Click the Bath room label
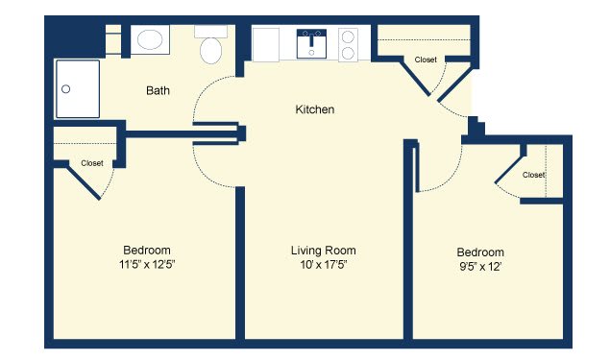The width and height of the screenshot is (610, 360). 158,90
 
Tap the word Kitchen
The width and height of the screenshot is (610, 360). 315,109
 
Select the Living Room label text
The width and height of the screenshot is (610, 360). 324,251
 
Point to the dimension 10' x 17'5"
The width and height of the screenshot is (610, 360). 324,265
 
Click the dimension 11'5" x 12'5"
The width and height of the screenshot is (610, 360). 147,264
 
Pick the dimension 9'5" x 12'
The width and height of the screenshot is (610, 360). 480,267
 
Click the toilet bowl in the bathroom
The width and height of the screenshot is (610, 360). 210,51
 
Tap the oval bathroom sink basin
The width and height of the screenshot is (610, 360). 150,39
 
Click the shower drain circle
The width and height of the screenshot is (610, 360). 65,89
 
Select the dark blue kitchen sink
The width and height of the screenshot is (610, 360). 311,44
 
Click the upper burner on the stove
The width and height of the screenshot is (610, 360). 348,37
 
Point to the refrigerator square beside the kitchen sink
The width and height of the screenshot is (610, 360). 266,45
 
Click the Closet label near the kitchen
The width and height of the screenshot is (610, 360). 426,60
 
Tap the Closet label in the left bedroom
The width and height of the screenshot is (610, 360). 92,163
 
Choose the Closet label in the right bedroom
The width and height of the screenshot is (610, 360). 533,175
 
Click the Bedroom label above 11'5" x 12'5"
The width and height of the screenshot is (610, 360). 147,250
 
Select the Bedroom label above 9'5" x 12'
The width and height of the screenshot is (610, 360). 480,252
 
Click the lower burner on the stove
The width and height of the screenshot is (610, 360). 348,53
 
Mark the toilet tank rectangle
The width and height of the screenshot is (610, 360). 210,32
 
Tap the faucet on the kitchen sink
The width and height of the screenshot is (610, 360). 311,38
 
